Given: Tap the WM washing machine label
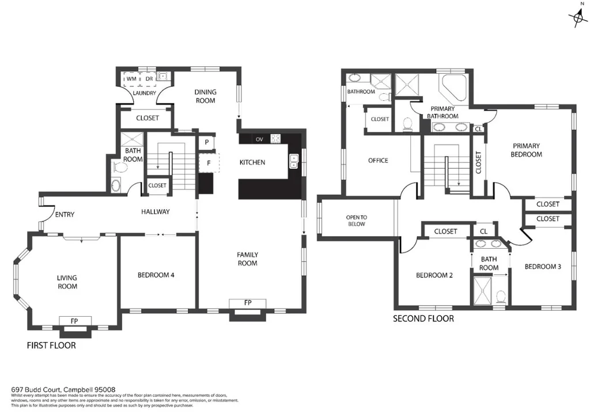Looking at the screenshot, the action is pos(131,79).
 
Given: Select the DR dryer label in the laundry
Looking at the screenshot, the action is pos(149,79).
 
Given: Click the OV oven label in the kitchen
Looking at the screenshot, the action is pos(259,139).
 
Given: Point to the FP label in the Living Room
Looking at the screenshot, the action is pos(74,321).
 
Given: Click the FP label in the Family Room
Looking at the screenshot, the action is pos(248,303).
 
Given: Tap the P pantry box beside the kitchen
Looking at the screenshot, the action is pos(207,142).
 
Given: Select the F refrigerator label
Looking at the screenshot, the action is pos(209,164).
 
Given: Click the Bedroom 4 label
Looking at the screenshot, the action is pos(156,275).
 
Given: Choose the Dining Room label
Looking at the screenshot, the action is pos(206,96).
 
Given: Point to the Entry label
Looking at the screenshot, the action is pos(65,215).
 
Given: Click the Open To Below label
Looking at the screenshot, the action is pos(356,221).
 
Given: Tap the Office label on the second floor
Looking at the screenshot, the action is pos(378,161).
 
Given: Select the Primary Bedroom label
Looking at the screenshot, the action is pos(527,150).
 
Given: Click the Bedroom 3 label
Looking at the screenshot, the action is pos(543,267).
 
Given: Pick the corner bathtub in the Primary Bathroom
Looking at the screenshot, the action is pos(453,87).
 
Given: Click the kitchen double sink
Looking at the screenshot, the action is pos(293,161).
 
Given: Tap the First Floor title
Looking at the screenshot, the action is pos(51,346).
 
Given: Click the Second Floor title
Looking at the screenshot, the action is pos(423,319).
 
